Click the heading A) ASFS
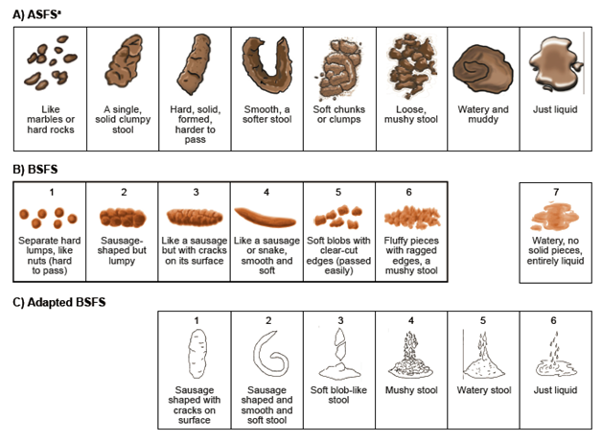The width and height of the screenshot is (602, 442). [x=36, y=14]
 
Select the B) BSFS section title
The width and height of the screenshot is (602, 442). [x=35, y=170]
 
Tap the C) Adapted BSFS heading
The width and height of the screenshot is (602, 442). [x=59, y=302]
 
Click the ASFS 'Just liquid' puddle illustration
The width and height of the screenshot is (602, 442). [x=555, y=63]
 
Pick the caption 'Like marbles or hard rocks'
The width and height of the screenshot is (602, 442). [x=51, y=120]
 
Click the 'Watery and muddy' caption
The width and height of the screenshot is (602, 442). [x=483, y=114]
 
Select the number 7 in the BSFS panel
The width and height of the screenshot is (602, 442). [x=556, y=192]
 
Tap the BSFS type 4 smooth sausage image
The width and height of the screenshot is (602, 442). [x=266, y=218]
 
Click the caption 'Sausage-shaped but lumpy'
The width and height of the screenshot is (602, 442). [x=122, y=250]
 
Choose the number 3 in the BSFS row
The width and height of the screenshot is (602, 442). [x=196, y=192]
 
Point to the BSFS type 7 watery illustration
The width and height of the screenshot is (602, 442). [x=554, y=217]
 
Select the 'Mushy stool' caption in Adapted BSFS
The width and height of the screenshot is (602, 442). [x=411, y=390]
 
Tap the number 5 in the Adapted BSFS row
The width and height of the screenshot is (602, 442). [x=483, y=320]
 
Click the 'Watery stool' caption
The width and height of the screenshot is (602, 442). [x=484, y=390]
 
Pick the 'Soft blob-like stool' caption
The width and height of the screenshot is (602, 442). [x=338, y=395]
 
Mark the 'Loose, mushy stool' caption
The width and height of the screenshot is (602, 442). [x=411, y=114]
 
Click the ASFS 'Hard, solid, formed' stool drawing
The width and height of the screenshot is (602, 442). [x=195, y=64]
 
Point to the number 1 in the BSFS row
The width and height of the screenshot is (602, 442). [x=52, y=192]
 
